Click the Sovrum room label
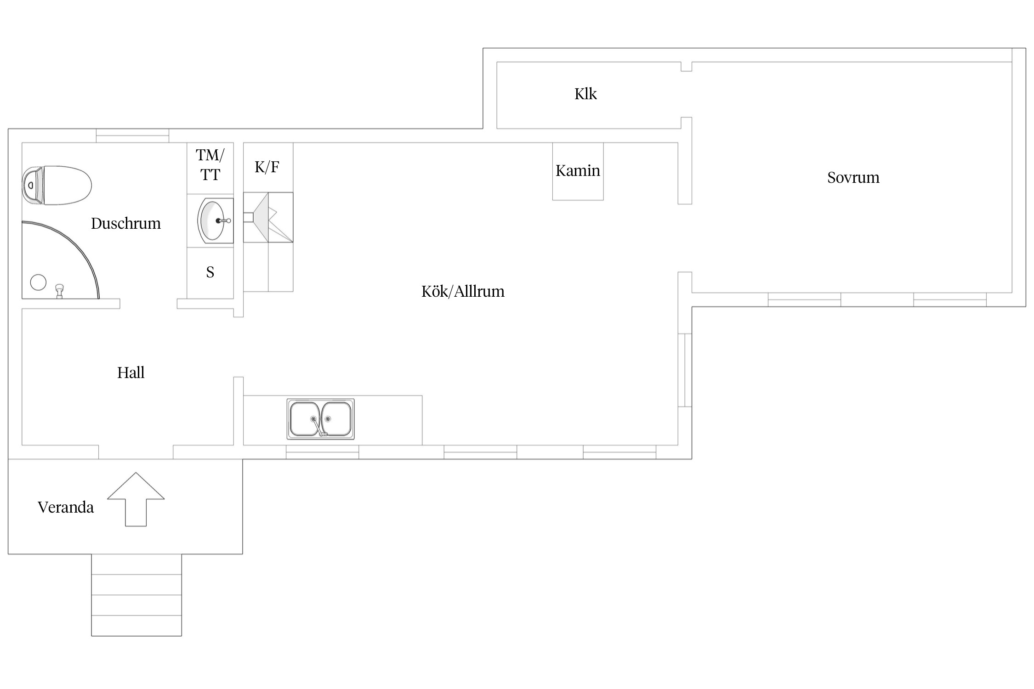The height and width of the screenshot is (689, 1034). click(853, 178)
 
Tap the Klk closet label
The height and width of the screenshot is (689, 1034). click(585, 94)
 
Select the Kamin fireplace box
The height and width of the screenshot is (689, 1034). click(578, 171)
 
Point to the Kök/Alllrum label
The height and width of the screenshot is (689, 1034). click(463, 292)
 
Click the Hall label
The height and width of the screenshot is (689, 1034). click(131, 373)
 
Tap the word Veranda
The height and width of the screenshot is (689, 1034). click(66, 508)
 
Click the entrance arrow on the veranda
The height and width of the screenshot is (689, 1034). click(136, 499)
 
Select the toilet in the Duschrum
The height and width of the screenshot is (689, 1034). click(57, 186)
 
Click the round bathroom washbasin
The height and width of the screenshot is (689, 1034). click(215, 220)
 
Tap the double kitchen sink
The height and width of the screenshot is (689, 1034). click(321, 419)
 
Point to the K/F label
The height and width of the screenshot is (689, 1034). click(267, 167)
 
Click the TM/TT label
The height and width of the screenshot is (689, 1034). click(210, 165)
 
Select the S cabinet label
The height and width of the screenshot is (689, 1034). click(210, 272)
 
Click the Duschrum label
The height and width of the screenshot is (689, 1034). click(126, 224)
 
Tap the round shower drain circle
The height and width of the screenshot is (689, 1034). click(38, 282)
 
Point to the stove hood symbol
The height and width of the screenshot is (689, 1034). click(268, 217)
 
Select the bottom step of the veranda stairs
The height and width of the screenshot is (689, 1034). click(136, 626)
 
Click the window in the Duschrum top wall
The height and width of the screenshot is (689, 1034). click(132, 136)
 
